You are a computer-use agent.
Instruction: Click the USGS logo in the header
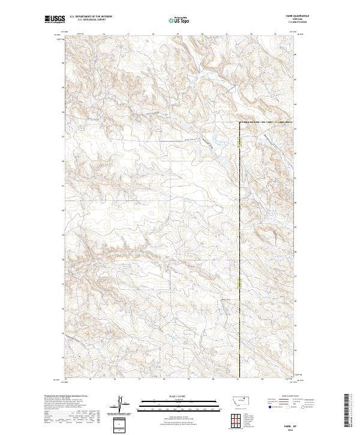click(55, 20)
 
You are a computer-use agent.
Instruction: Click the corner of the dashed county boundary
click(241, 123)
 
